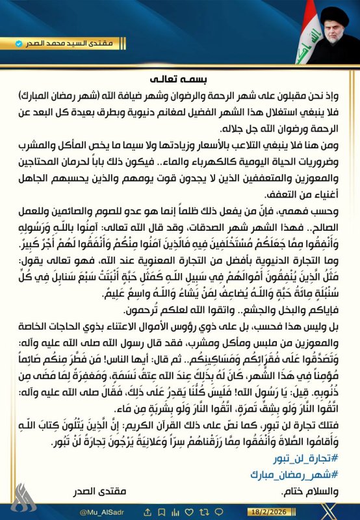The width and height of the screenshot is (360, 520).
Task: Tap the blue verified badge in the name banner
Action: [19, 44]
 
